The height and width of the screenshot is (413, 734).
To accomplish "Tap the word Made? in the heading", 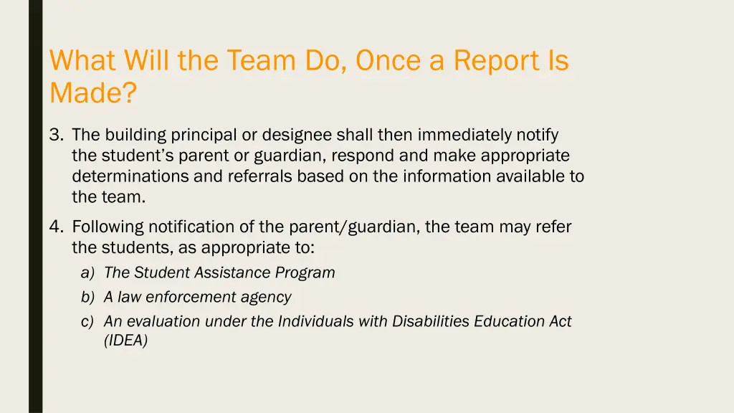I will (x=92, y=93).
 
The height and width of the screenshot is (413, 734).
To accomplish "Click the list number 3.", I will (x=57, y=135).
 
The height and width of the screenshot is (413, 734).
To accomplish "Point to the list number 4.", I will (x=57, y=227).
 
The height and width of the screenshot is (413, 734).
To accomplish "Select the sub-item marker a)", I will (x=87, y=273).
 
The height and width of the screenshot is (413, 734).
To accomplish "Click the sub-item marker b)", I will (x=87, y=297).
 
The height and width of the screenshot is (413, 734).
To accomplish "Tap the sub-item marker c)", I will (x=87, y=322).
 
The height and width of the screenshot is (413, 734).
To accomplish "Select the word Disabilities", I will (x=432, y=322).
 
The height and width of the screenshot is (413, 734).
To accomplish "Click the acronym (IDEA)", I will (x=125, y=341).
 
